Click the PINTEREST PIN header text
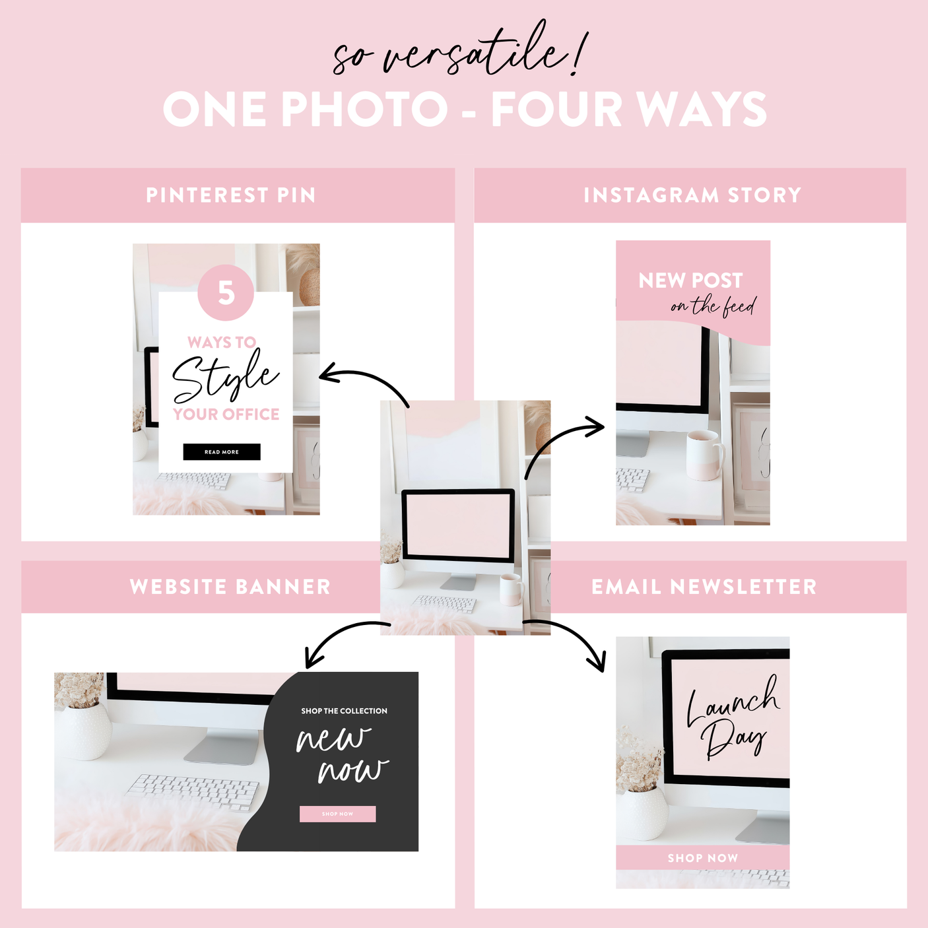pos(231,195)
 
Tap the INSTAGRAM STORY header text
pos(692,195)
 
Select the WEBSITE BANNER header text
pos(230,587)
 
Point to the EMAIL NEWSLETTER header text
pos(704,587)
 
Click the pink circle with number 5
pos(226,292)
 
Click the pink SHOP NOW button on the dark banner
pos(337,814)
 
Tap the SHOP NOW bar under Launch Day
pos(702,858)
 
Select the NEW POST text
pos(690,281)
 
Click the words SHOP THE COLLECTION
pos(344,711)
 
